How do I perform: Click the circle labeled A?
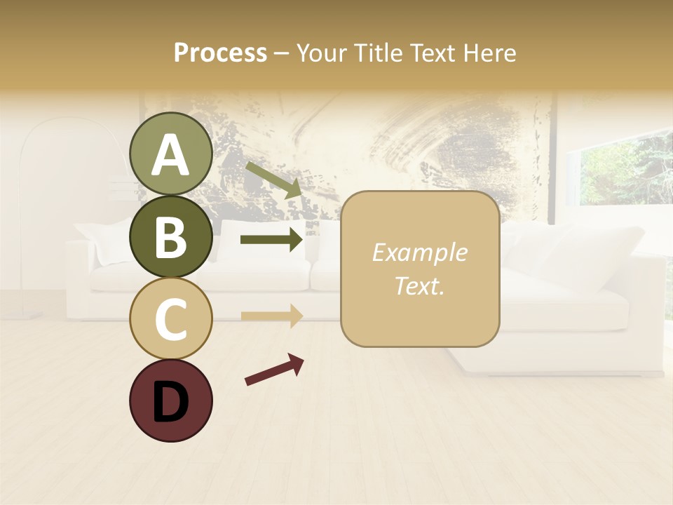point(170,154)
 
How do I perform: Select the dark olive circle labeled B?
point(170,237)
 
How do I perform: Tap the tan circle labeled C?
point(170,319)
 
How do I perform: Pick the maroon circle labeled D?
point(170,400)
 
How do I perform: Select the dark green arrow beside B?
point(272,240)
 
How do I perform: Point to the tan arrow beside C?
point(272,316)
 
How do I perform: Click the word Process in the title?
point(220,53)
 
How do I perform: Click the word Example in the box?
point(419,253)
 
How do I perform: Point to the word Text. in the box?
point(419,286)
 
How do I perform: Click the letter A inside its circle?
point(170,155)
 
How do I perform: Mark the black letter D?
point(170,402)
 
